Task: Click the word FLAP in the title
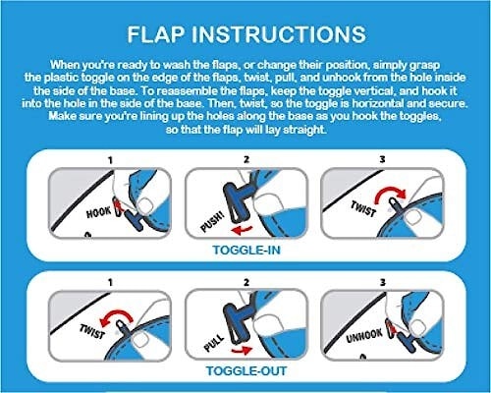click(155, 34)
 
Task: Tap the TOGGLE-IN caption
click(246, 251)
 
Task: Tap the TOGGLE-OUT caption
click(246, 371)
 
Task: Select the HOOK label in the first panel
click(98, 212)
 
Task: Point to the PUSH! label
click(213, 222)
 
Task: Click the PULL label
click(214, 343)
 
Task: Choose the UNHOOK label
click(364, 336)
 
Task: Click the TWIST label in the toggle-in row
click(362, 208)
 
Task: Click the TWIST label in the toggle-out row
click(92, 331)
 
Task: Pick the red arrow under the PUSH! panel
click(242, 230)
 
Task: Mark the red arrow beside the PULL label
click(242, 351)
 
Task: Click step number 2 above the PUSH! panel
click(246, 159)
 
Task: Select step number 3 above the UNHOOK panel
click(382, 282)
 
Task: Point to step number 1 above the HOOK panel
click(110, 160)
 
